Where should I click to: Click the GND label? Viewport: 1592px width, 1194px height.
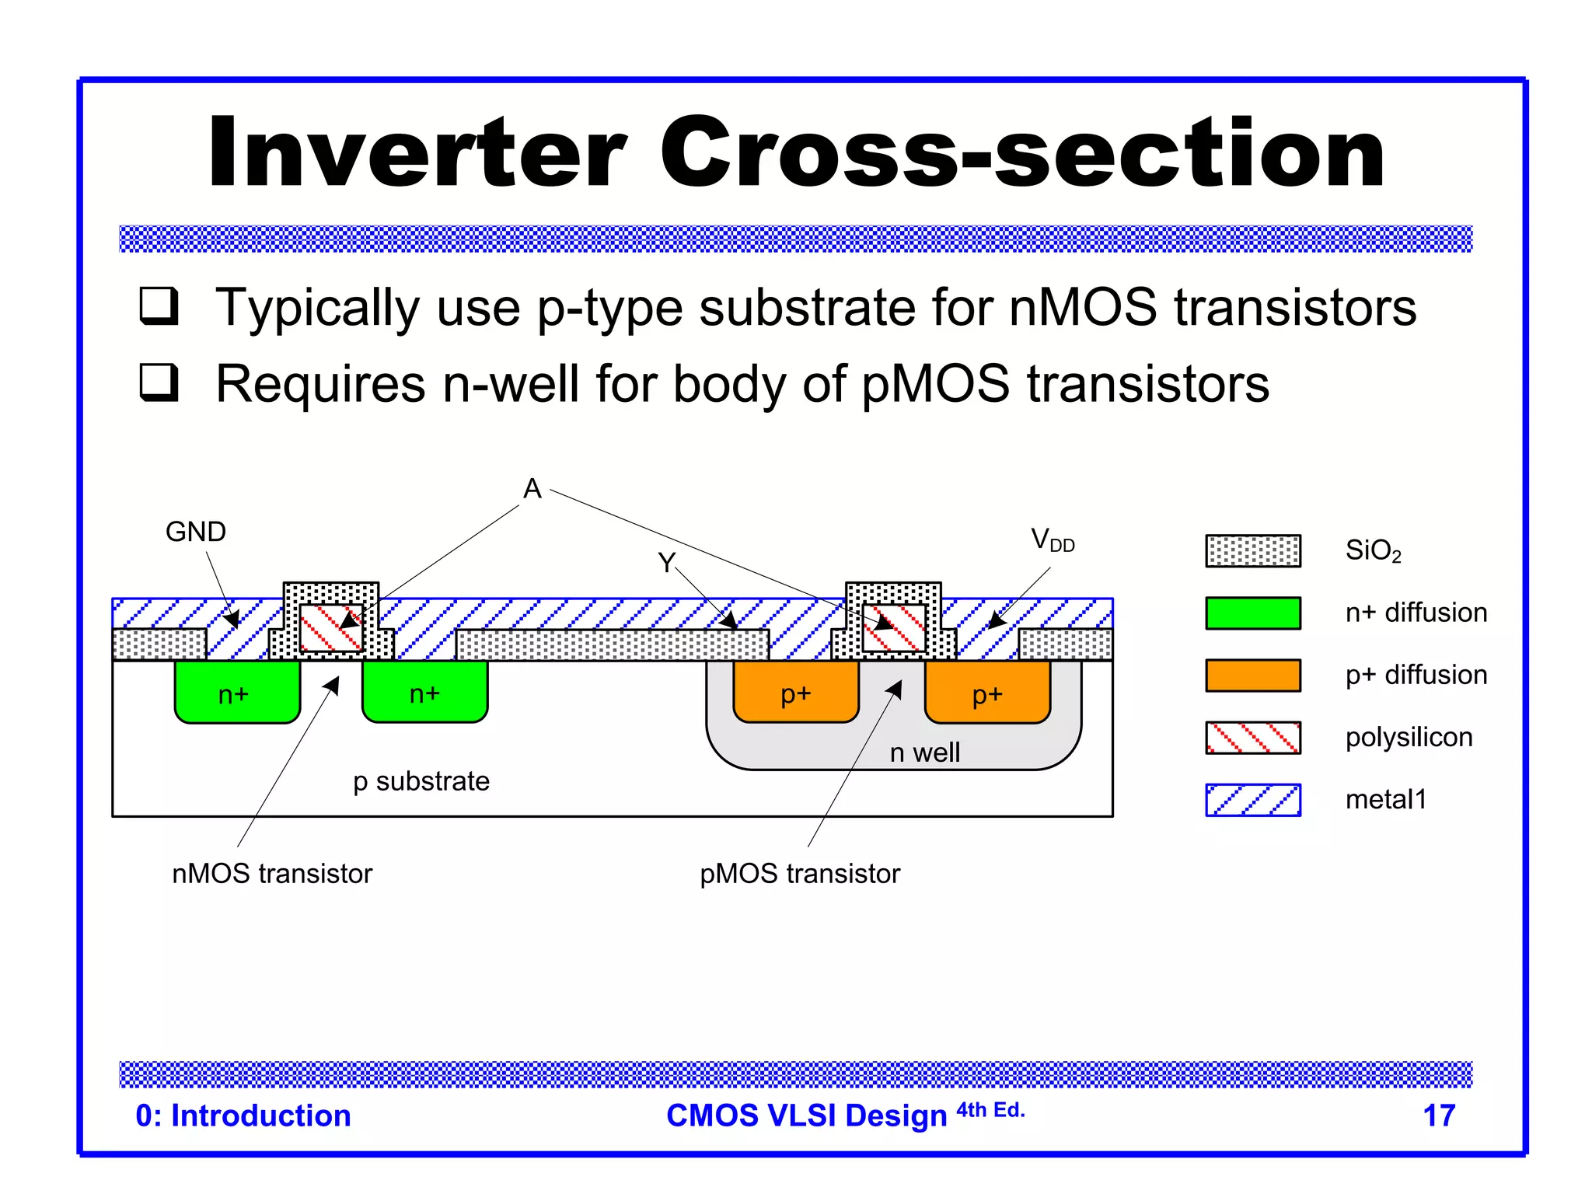tap(195, 532)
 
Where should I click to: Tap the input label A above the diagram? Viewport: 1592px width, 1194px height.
tap(532, 489)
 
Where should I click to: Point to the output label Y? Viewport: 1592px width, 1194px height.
tap(666, 562)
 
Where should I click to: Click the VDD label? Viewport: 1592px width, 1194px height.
tap(1052, 539)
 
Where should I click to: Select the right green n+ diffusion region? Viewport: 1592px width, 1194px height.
tap(424, 692)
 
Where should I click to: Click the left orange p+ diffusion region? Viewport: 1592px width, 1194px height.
tap(795, 692)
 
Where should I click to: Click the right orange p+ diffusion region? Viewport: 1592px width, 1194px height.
tap(987, 692)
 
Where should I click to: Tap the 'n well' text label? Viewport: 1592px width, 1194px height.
tap(924, 752)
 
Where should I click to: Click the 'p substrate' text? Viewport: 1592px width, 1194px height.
tap(421, 781)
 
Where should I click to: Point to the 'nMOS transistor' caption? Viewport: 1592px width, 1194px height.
tap(272, 874)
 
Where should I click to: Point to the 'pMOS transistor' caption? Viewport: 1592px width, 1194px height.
tap(799, 874)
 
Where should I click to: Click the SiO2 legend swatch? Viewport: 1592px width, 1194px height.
tap(1252, 551)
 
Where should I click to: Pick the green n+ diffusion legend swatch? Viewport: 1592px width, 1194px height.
tap(1252, 613)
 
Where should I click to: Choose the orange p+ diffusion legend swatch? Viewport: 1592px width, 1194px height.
tap(1252, 675)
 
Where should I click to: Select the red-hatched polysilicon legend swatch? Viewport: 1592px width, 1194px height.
tap(1252, 737)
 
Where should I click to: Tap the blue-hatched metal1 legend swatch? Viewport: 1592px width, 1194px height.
tap(1252, 799)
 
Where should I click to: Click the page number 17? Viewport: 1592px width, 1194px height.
tap(1438, 1115)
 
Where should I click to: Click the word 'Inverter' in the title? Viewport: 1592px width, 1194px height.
tap(416, 152)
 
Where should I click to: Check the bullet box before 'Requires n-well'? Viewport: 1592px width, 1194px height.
tap(159, 382)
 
